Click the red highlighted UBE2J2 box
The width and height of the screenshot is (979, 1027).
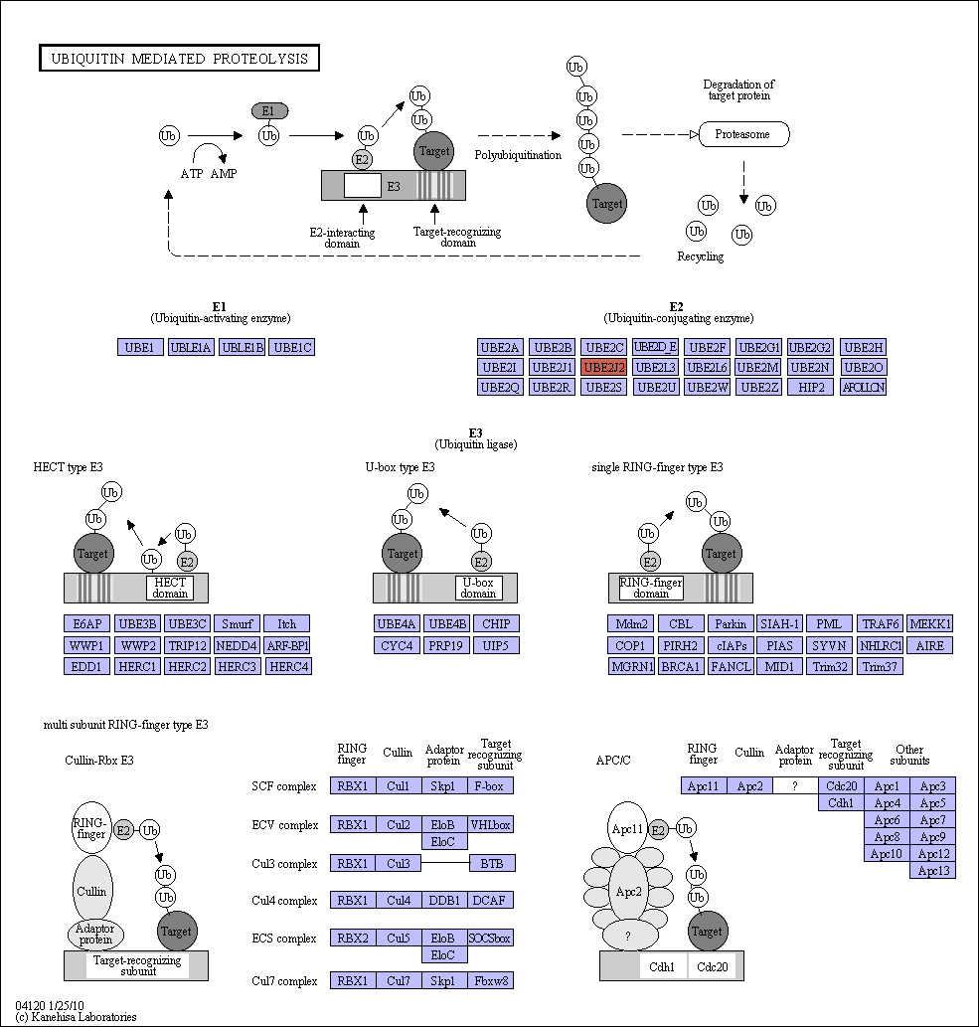coord(603,368)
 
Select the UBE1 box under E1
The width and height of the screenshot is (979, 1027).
coord(139,347)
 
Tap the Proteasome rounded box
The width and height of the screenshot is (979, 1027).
coord(743,134)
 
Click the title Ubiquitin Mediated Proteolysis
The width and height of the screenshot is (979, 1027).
coord(180,59)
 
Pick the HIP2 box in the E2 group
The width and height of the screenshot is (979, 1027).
coord(811,387)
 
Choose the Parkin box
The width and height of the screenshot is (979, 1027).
coord(731,623)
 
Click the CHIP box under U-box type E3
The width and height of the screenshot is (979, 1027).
coord(496,623)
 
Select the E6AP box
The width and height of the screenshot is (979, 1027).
coord(87,623)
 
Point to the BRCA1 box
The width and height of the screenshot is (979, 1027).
coord(681,667)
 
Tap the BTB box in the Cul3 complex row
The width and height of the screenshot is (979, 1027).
coord(492,863)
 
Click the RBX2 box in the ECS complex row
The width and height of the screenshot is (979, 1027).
coord(353,938)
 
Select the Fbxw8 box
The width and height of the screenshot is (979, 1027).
coord(490,980)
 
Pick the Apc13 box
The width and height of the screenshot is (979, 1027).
coord(932,871)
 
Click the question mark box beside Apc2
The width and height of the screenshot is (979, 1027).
coord(795,786)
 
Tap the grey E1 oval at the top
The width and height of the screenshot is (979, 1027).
coord(269,111)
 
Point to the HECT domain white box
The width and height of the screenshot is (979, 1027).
coord(170,588)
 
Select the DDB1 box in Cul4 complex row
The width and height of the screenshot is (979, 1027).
coord(444,900)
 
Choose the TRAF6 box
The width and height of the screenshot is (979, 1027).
coord(881,623)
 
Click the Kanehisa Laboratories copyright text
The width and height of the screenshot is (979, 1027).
coord(76,1017)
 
